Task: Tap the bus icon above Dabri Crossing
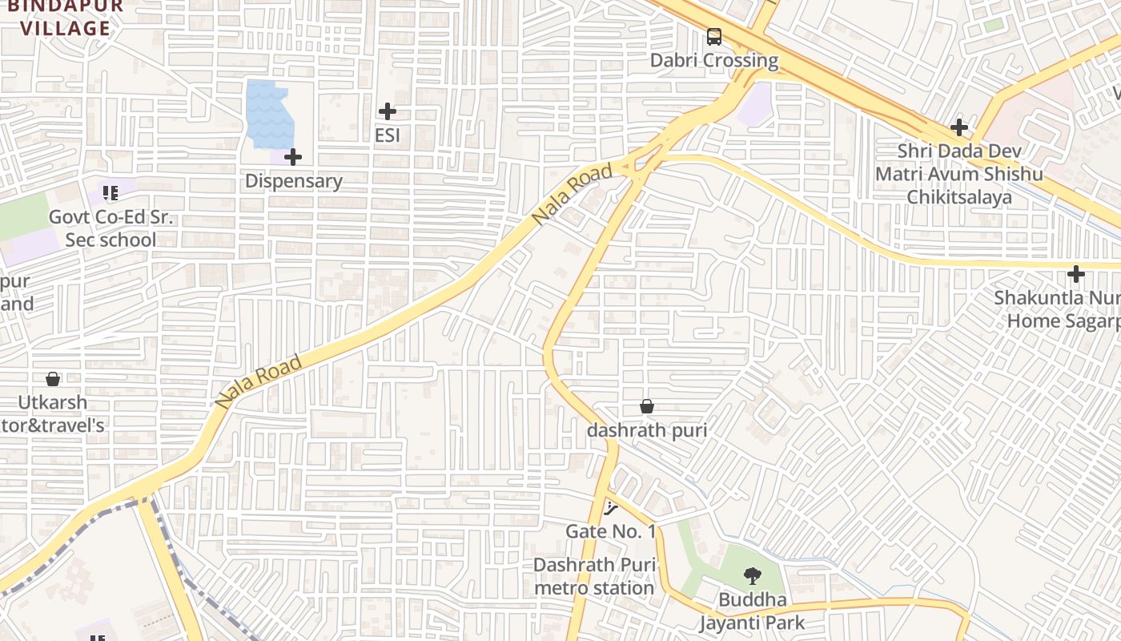coord(713,36)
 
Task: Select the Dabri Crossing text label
coord(713,60)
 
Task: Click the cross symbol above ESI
coord(388,111)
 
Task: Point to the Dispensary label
coord(293,181)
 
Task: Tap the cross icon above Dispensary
coord(293,157)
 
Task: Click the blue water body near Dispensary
coord(269,113)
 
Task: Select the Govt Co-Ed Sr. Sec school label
coord(110,228)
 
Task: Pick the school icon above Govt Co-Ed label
coord(110,192)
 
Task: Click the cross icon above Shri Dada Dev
coord(959,127)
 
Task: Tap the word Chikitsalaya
coord(959,197)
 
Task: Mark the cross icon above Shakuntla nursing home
coord(1076,275)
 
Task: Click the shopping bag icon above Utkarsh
coord(53,378)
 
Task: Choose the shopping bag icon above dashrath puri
coord(647,406)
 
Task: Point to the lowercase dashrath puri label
coord(647,430)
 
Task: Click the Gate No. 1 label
coord(611,531)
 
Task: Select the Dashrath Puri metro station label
coord(594,576)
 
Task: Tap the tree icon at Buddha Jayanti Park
coord(752,575)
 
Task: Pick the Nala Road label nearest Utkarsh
coord(259,382)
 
